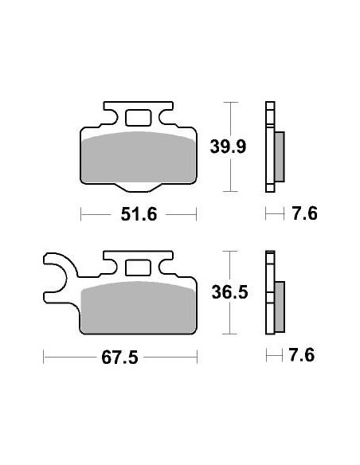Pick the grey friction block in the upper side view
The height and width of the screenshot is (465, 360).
point(279,155)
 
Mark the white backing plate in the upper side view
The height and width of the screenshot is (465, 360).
point(269,147)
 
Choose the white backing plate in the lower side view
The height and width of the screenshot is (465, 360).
point(269,295)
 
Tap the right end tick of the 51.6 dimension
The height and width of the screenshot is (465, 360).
point(196,214)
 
